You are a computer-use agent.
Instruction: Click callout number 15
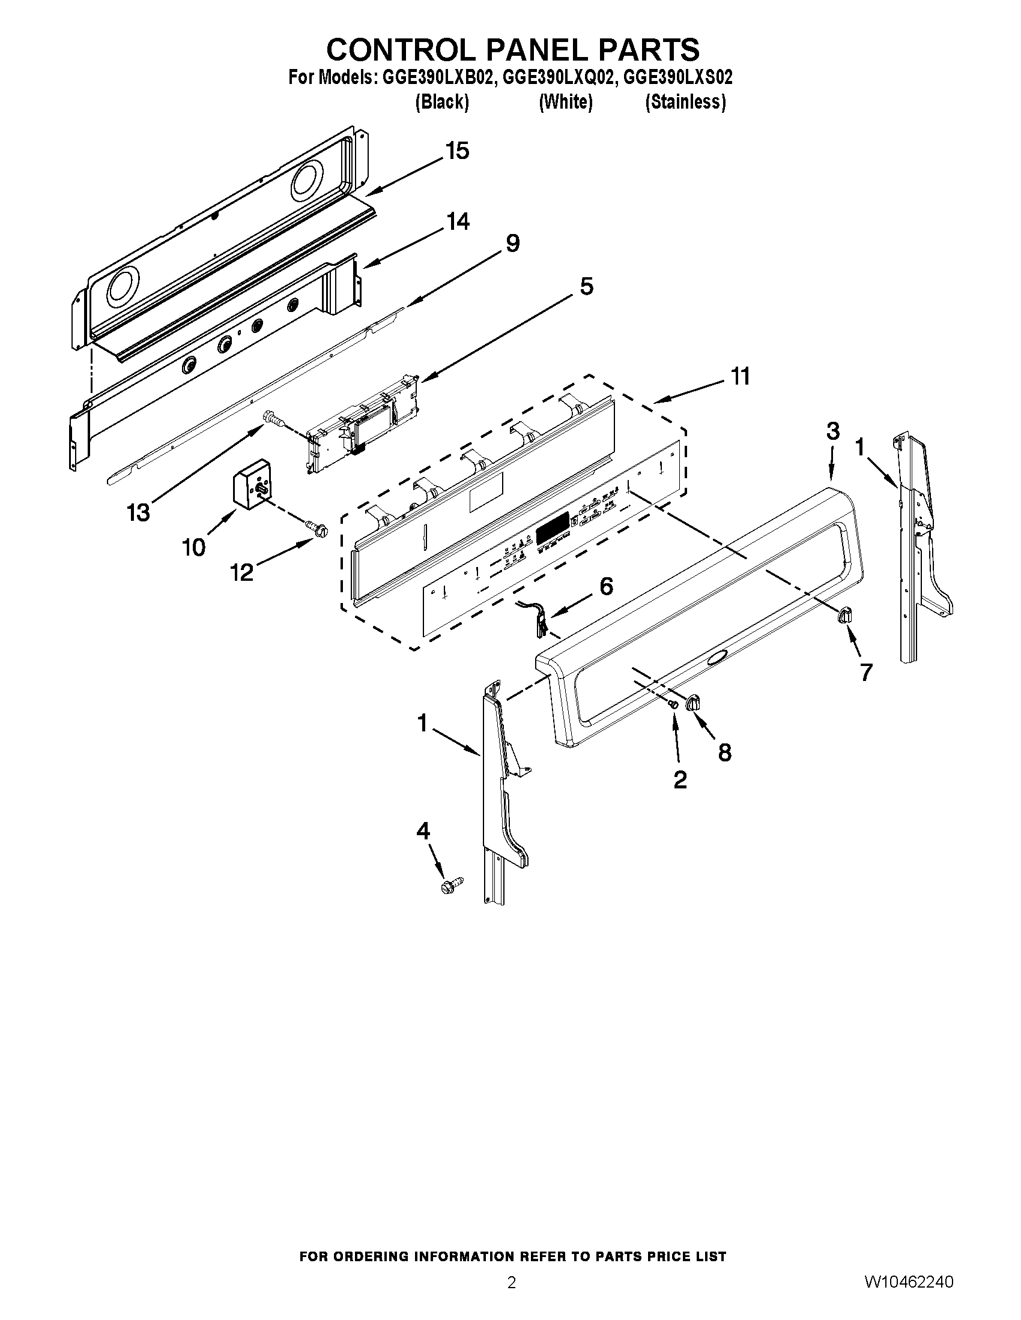[457, 151]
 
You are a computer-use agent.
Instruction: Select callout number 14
[457, 221]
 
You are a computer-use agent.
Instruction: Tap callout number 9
[512, 244]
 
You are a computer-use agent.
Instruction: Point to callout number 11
[741, 376]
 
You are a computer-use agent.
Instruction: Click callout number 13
[138, 513]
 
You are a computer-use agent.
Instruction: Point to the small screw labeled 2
[673, 703]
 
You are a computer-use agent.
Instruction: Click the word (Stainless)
[685, 102]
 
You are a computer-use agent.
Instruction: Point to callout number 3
[832, 431]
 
